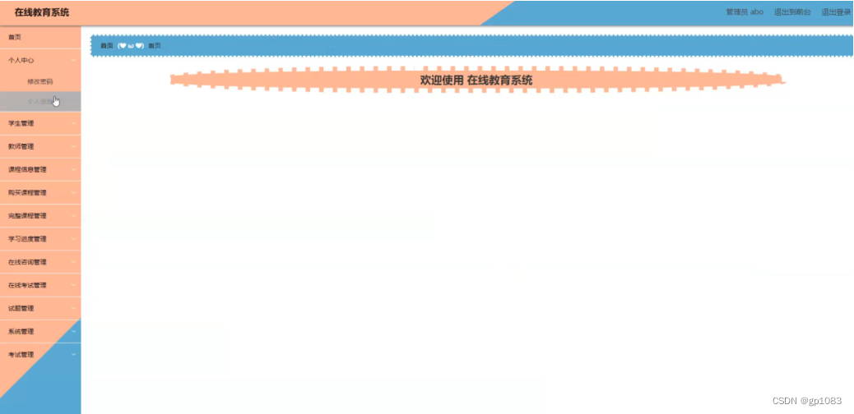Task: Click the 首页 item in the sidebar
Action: [16, 37]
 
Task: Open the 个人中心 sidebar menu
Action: [21, 60]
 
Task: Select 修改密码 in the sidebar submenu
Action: [39, 81]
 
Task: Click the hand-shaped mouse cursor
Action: [56, 101]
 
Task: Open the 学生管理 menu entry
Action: [21, 123]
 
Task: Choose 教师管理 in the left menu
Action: [21, 146]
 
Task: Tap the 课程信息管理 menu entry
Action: [27, 169]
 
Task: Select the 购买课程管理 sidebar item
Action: [27, 192]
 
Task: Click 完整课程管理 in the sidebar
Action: [27, 215]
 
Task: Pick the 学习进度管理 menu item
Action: [27, 239]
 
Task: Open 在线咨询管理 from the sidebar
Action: [27, 262]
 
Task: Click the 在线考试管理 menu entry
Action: [27, 285]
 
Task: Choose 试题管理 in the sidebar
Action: [21, 308]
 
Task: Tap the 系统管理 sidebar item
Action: [21, 332]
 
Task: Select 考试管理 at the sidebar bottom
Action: [21, 355]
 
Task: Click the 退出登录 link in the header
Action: [836, 12]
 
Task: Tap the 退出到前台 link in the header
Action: [792, 12]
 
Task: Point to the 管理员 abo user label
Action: [745, 12]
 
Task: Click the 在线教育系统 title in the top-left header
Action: [42, 12]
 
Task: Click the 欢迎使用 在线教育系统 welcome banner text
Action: [476, 80]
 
